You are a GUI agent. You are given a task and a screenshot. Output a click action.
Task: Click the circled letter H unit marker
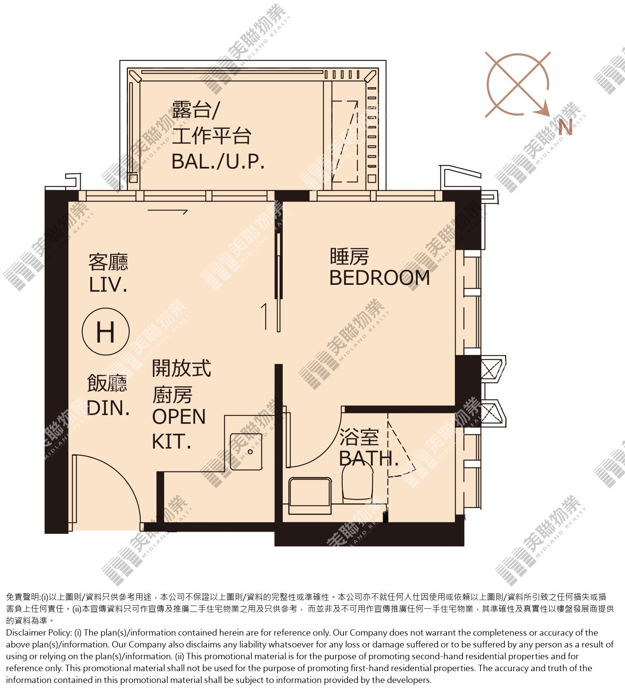(105, 332)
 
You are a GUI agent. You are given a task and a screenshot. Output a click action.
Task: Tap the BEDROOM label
(379, 278)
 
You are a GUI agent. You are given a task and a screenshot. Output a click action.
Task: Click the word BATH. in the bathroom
(369, 458)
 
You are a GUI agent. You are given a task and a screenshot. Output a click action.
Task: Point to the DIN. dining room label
(108, 408)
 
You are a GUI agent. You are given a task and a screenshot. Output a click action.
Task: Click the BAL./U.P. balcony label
(218, 161)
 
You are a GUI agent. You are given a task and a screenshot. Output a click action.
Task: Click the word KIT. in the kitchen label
(171, 442)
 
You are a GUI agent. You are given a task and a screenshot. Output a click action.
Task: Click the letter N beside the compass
(565, 127)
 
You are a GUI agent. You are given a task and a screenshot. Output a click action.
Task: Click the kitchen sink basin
(246, 451)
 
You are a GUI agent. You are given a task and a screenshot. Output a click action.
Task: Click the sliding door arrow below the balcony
(167, 211)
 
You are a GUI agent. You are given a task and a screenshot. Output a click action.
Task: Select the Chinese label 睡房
(349, 256)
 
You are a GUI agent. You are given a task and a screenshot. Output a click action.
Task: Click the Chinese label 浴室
(359, 437)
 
